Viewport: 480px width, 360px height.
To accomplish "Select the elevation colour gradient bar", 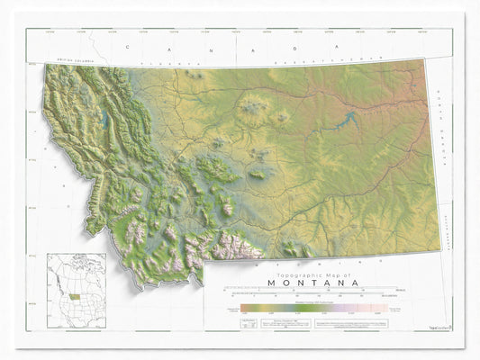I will click(306, 308).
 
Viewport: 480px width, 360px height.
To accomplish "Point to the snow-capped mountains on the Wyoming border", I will click(236, 247).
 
